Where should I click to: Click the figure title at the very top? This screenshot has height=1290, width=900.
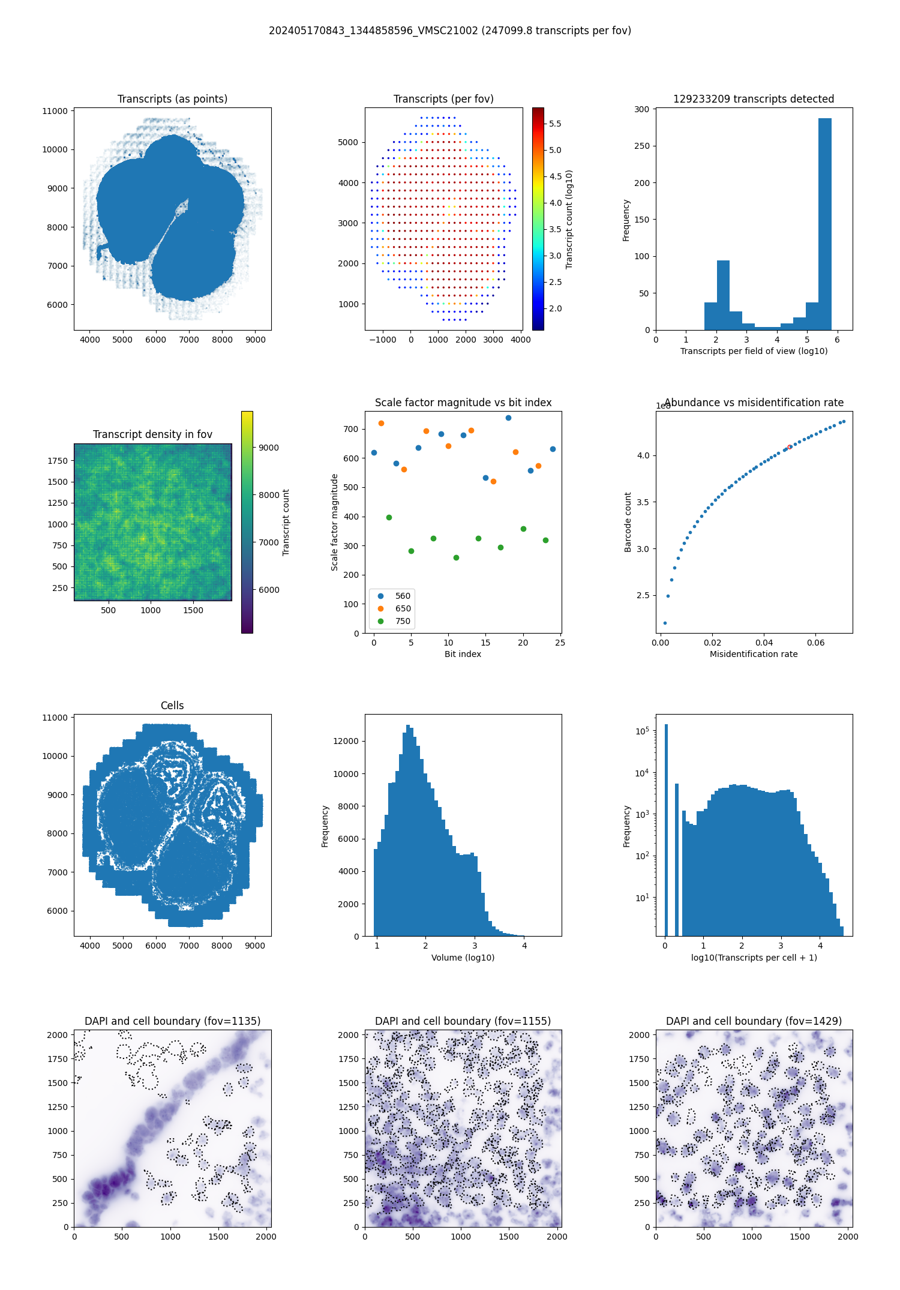tap(449, 31)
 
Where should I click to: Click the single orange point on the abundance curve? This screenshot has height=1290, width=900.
tap(789, 447)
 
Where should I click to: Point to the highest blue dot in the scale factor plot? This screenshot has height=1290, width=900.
tap(508, 418)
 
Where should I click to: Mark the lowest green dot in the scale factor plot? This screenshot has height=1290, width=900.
tap(456, 557)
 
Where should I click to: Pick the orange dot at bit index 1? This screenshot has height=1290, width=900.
tap(381, 423)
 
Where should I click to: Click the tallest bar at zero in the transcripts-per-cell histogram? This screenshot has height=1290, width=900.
tap(666, 828)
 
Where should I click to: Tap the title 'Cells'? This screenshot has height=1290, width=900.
tap(172, 706)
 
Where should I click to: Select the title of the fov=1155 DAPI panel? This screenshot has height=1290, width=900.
tap(463, 1021)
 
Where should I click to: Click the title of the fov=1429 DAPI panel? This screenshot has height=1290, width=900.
tap(754, 1021)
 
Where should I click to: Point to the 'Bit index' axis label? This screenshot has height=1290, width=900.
tap(463, 654)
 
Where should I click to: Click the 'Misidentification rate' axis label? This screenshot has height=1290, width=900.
tap(754, 654)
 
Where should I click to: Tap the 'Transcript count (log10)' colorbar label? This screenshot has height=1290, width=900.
tap(569, 219)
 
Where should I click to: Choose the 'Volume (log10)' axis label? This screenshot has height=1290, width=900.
tap(463, 958)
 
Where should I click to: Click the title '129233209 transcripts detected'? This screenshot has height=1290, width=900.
tap(754, 99)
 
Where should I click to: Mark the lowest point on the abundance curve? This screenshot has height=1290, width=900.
tap(665, 623)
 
